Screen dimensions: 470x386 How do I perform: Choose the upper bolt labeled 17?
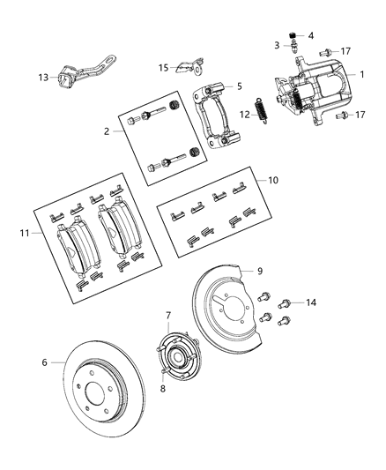(325, 52)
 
